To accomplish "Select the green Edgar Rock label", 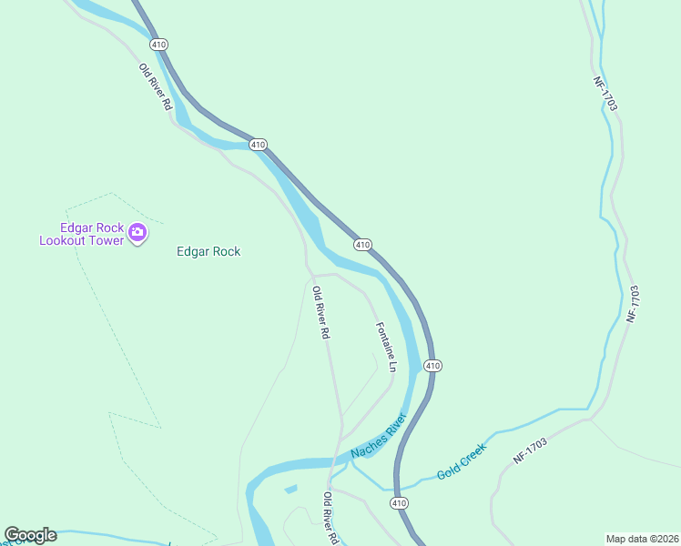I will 208,252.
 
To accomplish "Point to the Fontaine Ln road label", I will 387,347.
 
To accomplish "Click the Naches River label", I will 379,439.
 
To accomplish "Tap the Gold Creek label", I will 462,461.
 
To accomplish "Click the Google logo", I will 30,535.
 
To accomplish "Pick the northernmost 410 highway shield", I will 160,45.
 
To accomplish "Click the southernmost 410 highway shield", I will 399,502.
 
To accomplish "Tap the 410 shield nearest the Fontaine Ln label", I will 432,366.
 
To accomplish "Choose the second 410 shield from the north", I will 258,145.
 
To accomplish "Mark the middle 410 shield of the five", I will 362,244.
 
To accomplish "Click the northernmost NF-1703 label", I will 605,94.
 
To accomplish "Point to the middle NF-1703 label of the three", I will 634,304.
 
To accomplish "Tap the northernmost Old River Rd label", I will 155,86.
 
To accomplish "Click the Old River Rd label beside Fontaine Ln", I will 320,313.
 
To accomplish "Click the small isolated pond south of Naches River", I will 290,490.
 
